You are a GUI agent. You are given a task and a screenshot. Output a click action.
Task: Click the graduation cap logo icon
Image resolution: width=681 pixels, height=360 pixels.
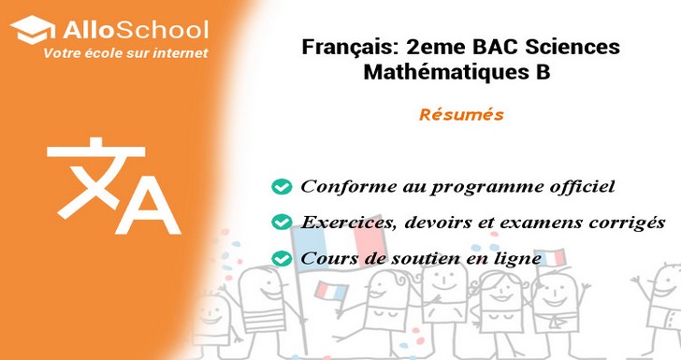coord(33,30)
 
